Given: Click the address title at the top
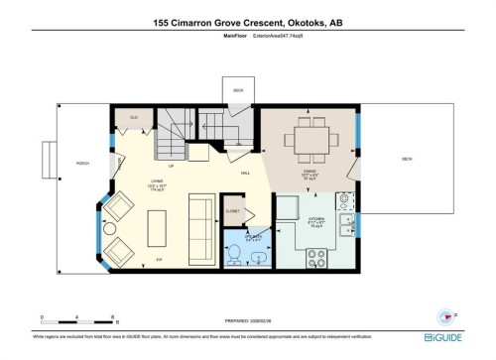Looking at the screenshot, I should [248, 21].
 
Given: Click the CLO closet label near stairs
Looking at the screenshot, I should [134, 117].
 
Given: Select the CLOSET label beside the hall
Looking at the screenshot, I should [233, 211].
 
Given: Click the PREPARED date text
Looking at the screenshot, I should [248, 320].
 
